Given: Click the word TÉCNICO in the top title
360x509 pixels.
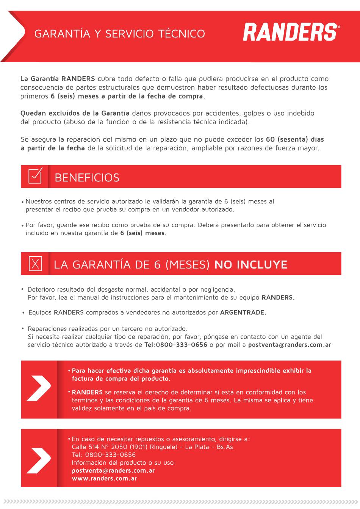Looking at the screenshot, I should [x=182, y=34].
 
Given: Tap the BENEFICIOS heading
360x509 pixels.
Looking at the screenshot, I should [x=87, y=178].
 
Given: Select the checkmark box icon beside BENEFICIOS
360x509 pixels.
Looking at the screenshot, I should [x=35, y=176].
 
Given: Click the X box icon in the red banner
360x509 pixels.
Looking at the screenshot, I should [x=36, y=263].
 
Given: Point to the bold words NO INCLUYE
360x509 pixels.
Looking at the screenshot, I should [x=251, y=264].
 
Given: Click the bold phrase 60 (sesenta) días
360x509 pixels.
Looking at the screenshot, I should [x=295, y=139].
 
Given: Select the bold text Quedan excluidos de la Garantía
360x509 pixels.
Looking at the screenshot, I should [x=75, y=113].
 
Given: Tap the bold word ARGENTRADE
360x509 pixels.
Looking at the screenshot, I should [x=243, y=312].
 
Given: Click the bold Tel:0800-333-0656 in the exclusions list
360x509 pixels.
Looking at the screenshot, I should [x=176, y=345].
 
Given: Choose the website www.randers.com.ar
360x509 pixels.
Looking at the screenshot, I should [x=104, y=478].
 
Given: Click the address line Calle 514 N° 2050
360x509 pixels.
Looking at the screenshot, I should [x=100, y=447].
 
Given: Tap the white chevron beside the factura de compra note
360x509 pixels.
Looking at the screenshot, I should [x=39, y=388].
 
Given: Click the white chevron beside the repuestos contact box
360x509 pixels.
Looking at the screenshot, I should [x=39, y=460].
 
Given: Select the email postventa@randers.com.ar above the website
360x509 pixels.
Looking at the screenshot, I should [x=113, y=470].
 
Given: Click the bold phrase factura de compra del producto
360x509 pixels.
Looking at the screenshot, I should [x=121, y=379].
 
